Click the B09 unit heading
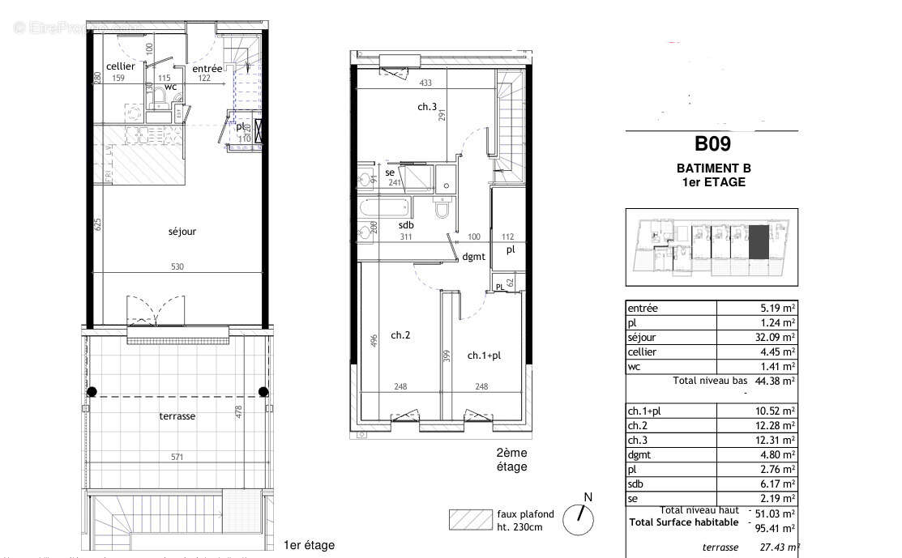point(712,144)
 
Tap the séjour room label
point(182,232)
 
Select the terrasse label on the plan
point(177,416)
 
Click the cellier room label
point(120,66)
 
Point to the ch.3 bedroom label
point(427,107)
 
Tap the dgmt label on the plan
point(473,258)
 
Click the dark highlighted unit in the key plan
point(759,242)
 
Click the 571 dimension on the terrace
point(177,457)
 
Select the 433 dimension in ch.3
point(424,83)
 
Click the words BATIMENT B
point(713,168)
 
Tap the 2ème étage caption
point(511,460)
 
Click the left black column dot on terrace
point(92,392)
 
